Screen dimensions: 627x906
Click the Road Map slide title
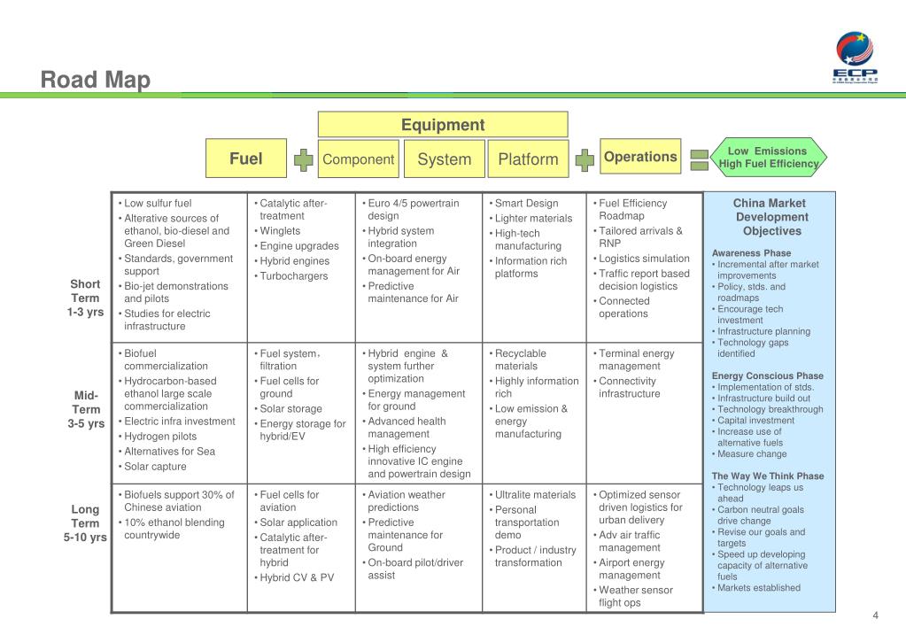(x=96, y=81)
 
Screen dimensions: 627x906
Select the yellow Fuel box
(x=246, y=159)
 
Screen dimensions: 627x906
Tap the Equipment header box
(x=443, y=125)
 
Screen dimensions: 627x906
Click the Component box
(x=358, y=159)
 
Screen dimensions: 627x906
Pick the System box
(x=444, y=159)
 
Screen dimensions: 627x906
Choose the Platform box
(x=528, y=159)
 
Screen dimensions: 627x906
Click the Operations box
(x=640, y=157)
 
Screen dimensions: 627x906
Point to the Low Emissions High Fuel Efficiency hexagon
(x=768, y=157)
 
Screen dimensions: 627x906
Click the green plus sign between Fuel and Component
(x=304, y=160)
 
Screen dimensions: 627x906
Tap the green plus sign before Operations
(x=585, y=160)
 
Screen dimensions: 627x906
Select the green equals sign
(x=699, y=160)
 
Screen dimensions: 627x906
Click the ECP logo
(x=856, y=57)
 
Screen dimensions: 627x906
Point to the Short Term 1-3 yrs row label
(x=86, y=298)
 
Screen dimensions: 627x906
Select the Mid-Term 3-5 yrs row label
(x=86, y=409)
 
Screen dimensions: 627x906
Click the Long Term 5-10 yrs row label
(x=86, y=522)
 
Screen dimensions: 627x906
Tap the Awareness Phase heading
(x=752, y=253)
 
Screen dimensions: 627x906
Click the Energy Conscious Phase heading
(x=768, y=375)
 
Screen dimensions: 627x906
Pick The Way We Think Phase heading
(x=768, y=476)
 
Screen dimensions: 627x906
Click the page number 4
(x=875, y=616)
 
